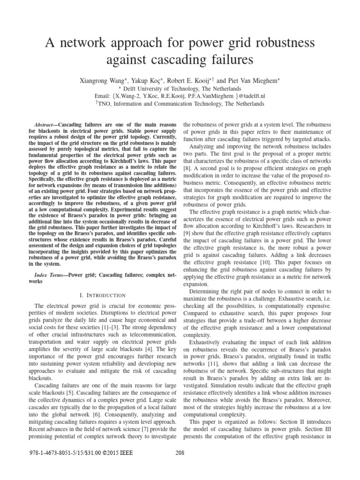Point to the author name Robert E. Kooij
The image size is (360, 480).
pos(204,80)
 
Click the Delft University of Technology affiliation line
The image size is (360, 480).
pos(180,88)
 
